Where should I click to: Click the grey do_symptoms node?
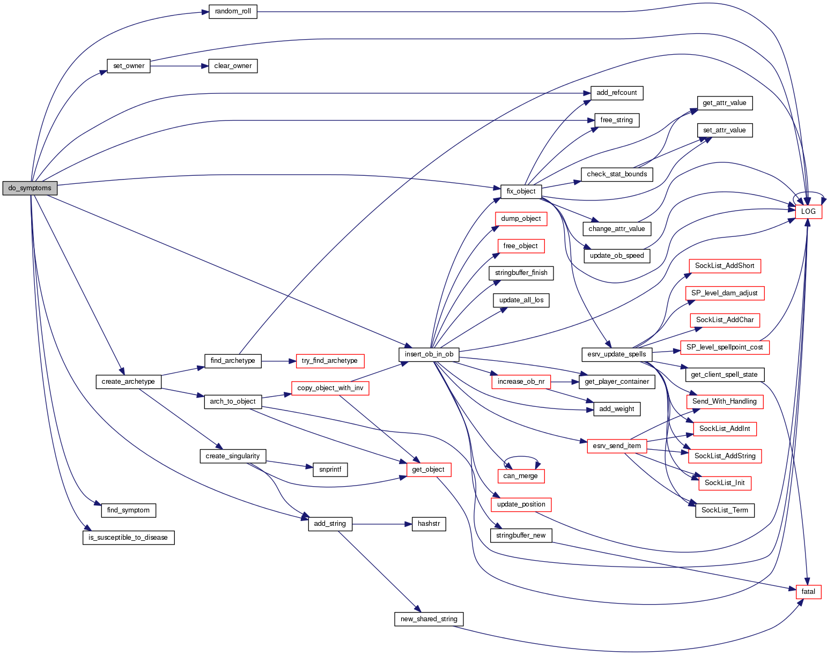(x=29, y=188)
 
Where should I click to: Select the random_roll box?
(x=233, y=11)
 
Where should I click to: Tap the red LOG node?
(x=808, y=211)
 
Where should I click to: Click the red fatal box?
(x=808, y=592)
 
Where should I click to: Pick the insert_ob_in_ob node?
(x=429, y=354)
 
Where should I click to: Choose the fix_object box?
(x=521, y=191)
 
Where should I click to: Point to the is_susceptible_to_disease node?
(x=128, y=538)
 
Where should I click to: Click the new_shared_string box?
(x=429, y=619)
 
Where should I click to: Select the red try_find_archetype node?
(x=329, y=361)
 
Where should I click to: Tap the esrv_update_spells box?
(x=617, y=354)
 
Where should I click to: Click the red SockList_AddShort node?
(x=724, y=266)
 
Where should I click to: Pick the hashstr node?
(x=429, y=524)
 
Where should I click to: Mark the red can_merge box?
(x=520, y=476)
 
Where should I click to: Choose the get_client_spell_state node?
(x=724, y=375)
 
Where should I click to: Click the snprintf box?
(x=330, y=470)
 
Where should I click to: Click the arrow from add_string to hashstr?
(x=381, y=524)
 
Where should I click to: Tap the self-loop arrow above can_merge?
(x=521, y=457)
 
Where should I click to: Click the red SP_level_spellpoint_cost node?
(x=724, y=347)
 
